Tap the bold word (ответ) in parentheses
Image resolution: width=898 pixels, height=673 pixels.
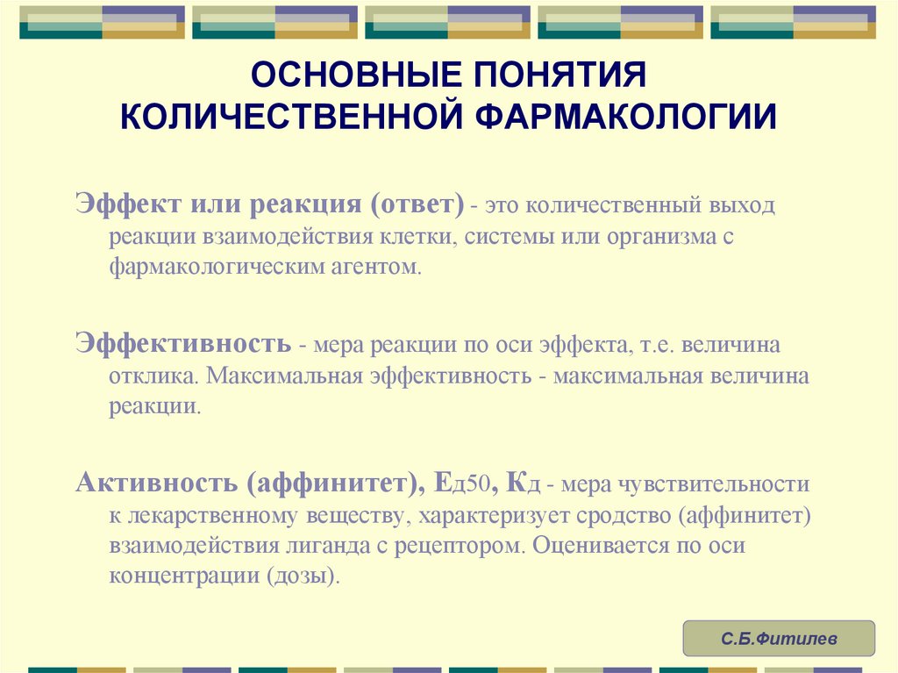pyautogui.click(x=417, y=204)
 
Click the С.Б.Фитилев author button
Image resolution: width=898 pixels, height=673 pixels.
pyautogui.click(x=779, y=639)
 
